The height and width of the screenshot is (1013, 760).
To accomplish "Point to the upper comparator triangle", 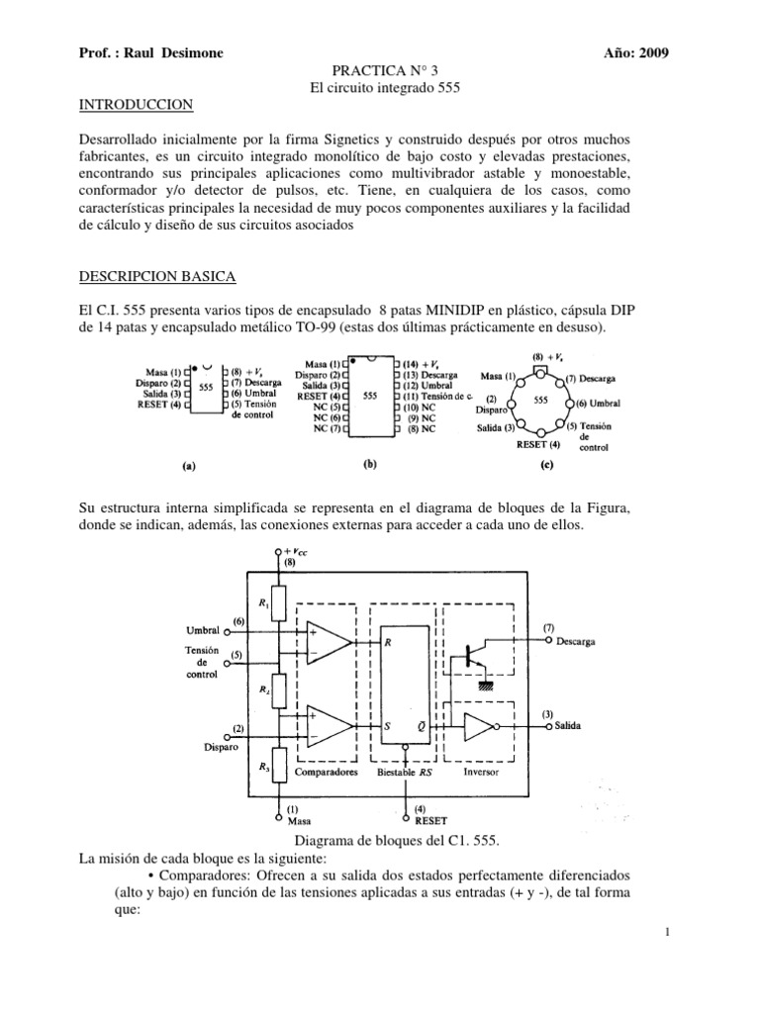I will [332, 643].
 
